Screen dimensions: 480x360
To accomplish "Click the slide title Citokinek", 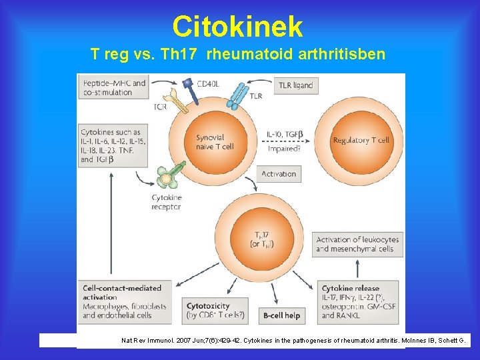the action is [x=237, y=27].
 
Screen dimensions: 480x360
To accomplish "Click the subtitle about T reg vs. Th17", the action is [x=238, y=54].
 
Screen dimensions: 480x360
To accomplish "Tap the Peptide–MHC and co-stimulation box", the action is [x=114, y=87].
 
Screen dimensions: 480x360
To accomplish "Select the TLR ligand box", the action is [x=294, y=86].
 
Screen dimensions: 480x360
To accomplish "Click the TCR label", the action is [x=160, y=107].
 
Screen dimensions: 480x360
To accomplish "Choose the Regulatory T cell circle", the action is [x=361, y=141].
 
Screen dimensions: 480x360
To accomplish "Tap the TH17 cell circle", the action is [x=261, y=239].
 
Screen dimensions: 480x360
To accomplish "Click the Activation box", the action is [x=279, y=174].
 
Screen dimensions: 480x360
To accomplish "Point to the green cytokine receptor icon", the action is [x=168, y=177].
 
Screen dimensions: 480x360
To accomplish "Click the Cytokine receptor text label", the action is [x=166, y=202].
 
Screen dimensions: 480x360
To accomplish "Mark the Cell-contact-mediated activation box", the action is [x=124, y=301].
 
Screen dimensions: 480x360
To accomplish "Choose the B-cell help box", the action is [x=282, y=315].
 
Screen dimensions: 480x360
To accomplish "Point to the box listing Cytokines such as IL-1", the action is [x=113, y=145].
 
